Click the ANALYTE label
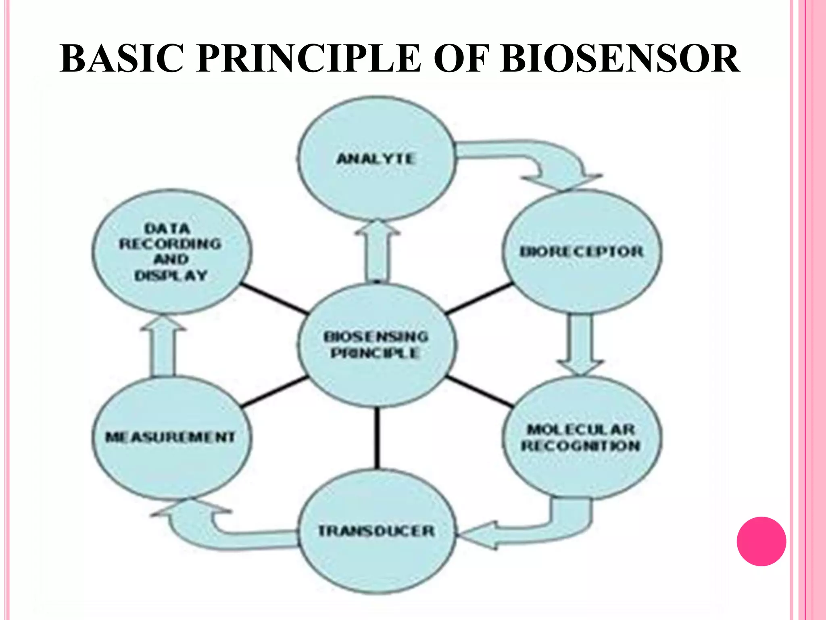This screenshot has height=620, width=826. coord(376,159)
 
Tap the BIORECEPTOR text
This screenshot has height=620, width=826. coord(581,252)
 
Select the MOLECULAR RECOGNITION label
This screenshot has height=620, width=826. coord(581,438)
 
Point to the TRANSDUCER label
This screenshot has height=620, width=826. coord(377,531)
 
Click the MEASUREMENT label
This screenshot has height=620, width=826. coord(170,437)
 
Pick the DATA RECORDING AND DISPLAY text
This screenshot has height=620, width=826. coord(170,252)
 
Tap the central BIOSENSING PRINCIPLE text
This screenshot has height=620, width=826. coord(376,345)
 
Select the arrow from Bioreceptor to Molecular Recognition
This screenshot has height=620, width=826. coord(581,343)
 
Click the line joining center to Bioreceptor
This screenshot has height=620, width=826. coord(479,299)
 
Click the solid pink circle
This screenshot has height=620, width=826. coord(761,541)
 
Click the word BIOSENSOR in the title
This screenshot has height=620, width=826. coord(620,59)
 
